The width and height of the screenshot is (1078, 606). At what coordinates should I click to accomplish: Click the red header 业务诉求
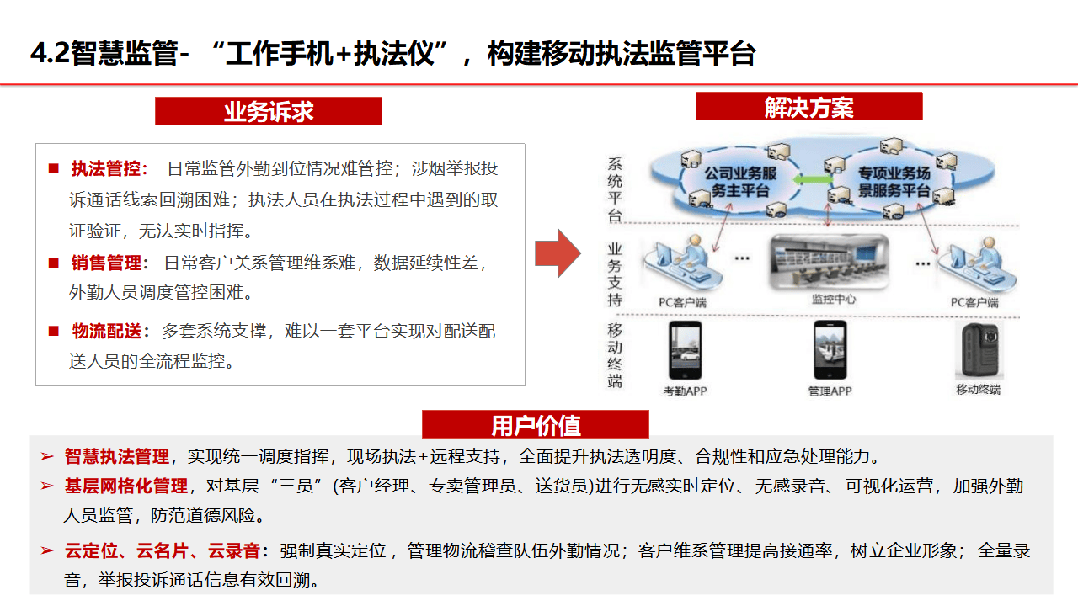pyautogui.click(x=269, y=111)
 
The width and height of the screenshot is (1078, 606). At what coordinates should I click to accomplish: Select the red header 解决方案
pyautogui.click(x=808, y=107)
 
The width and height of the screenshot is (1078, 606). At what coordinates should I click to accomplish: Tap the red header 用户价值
pyautogui.click(x=536, y=425)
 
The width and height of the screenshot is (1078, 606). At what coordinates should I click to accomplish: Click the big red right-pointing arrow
pyautogui.click(x=558, y=252)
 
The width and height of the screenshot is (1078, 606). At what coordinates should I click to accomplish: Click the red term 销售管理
pyautogui.click(x=106, y=263)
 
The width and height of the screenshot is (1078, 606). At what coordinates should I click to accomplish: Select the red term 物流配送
pyautogui.click(x=106, y=332)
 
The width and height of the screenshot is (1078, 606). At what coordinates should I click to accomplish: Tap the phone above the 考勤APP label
pyautogui.click(x=685, y=351)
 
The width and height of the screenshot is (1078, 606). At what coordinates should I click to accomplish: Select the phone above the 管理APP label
pyautogui.click(x=830, y=351)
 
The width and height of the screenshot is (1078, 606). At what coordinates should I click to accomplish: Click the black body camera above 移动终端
pyautogui.click(x=977, y=349)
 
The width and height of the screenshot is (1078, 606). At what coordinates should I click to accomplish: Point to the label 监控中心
pyautogui.click(x=833, y=300)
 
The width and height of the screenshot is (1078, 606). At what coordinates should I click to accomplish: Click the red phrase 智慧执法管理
pyautogui.click(x=117, y=457)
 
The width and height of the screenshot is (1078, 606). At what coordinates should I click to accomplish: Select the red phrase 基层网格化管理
pyautogui.click(x=126, y=486)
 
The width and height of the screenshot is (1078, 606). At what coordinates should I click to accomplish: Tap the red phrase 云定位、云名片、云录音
pyautogui.click(x=163, y=551)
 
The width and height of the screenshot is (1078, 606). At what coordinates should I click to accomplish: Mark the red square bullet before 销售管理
pyautogui.click(x=54, y=263)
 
